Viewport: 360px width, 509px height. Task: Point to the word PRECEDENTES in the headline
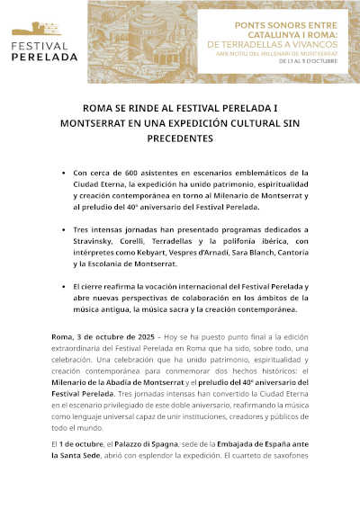(x=181, y=139)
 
